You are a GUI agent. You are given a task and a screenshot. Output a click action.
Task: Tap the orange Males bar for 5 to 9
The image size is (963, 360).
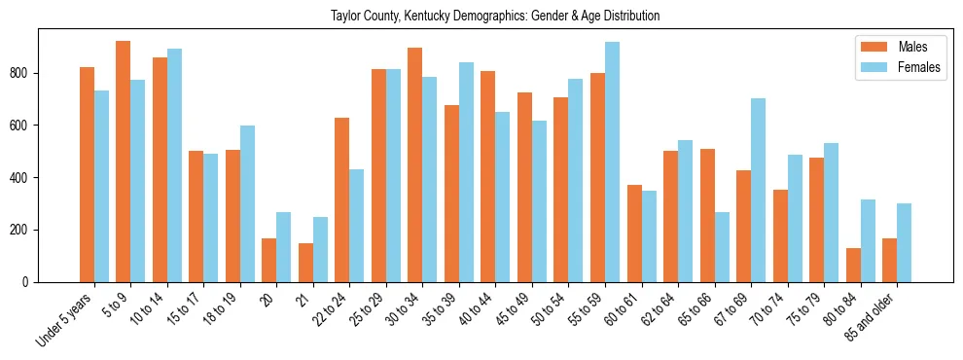click(x=123, y=162)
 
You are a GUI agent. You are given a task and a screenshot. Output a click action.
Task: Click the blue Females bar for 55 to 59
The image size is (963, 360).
click(x=612, y=162)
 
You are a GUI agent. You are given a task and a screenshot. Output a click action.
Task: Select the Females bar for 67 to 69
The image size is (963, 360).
click(x=758, y=191)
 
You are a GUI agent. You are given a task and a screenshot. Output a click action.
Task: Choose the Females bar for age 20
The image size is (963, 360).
click(x=283, y=247)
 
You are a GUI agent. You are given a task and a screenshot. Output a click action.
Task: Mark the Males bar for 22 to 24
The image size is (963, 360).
click(x=341, y=199)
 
